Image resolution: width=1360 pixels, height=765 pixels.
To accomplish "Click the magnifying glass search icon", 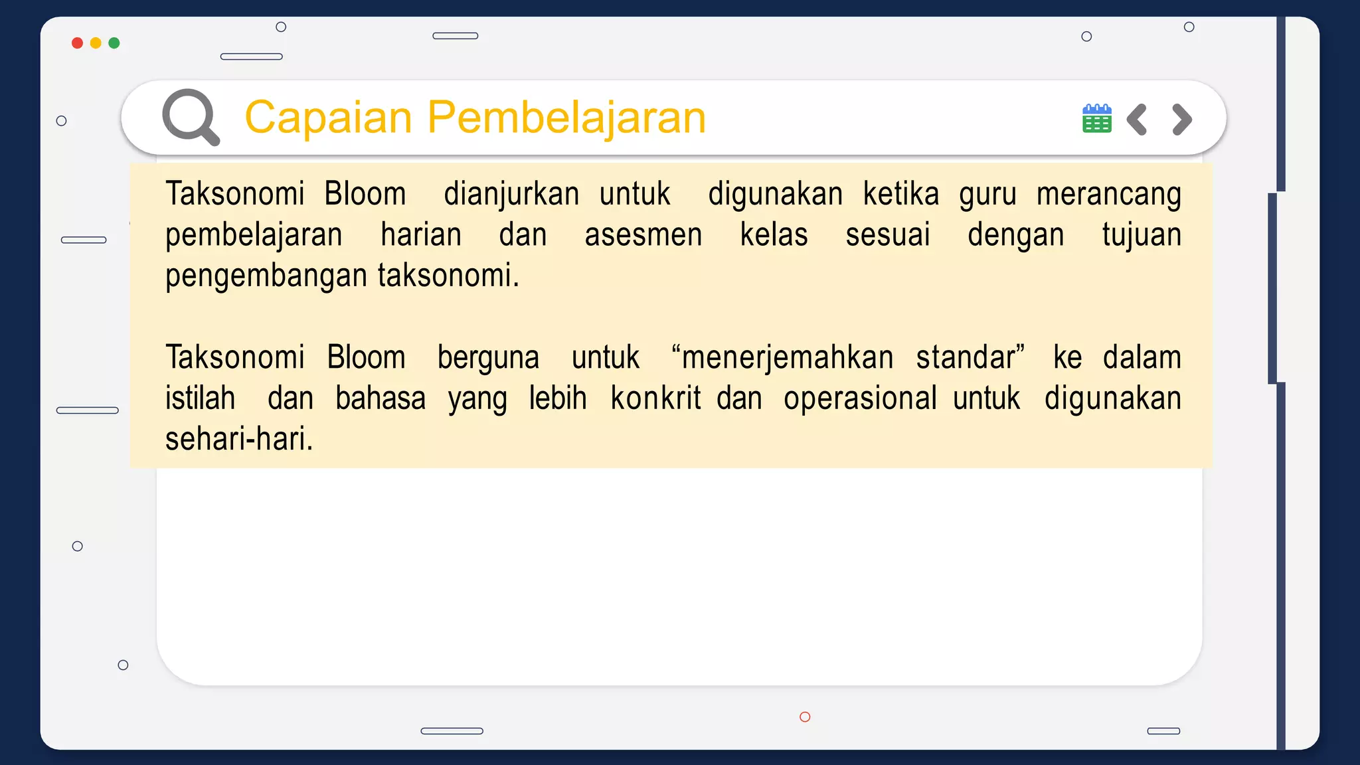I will click(191, 117).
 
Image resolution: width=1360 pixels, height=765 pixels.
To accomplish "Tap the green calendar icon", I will click(1096, 119).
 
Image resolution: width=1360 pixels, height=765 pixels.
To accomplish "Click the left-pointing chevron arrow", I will click(1137, 120).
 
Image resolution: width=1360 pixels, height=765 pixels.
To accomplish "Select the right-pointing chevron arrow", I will click(1182, 120).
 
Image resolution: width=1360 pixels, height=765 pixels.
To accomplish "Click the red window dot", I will click(77, 43).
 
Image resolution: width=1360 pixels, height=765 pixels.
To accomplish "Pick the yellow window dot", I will click(96, 43).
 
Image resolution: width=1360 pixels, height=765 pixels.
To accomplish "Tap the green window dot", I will click(114, 43).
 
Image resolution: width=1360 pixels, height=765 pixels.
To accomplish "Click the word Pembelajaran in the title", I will click(566, 118).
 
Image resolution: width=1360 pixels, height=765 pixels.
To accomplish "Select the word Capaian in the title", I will click(329, 118).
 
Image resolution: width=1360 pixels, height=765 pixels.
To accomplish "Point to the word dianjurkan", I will click(511, 195).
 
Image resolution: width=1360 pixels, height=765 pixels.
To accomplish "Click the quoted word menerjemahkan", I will click(787, 358).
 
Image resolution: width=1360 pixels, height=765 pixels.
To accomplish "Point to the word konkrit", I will click(655, 398).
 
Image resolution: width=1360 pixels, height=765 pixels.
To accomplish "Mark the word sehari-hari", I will click(239, 439).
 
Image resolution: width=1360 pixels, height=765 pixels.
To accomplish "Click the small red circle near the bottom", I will click(805, 717).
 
